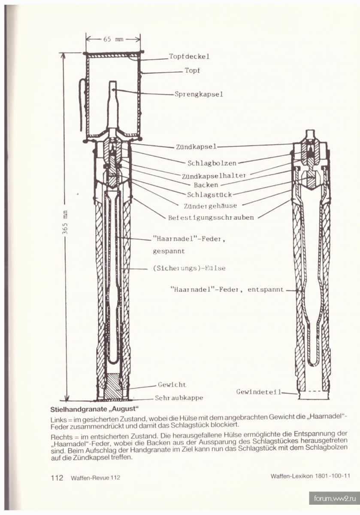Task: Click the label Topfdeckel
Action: pyautogui.click(x=189, y=57)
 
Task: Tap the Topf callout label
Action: pyautogui.click(x=193, y=70)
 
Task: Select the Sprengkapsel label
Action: pyautogui.click(x=199, y=94)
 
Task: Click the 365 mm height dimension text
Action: pyautogui.click(x=65, y=223)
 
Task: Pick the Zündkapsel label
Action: pyautogui.click(x=197, y=147)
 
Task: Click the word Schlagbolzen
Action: pyautogui.click(x=212, y=163)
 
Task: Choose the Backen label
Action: pyautogui.click(x=206, y=185)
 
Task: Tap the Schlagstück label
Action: pyautogui.click(x=209, y=195)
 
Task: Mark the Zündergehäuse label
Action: pyautogui.click(x=210, y=206)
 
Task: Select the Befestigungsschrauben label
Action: pyautogui.click(x=211, y=218)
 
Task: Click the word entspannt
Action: pyautogui.click(x=266, y=289)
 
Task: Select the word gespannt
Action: pyautogui.click(x=169, y=251)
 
